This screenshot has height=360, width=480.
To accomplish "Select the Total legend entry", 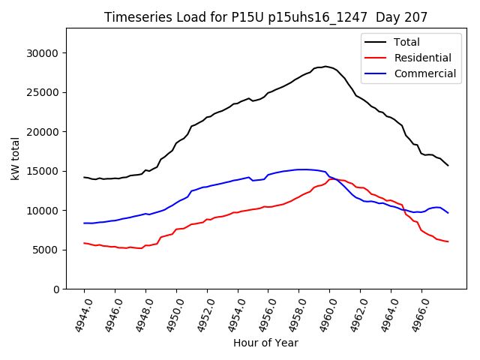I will tap(406, 42).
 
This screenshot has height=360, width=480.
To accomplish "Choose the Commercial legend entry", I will tap(424, 73).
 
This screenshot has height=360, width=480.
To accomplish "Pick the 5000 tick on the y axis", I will tap(47, 250).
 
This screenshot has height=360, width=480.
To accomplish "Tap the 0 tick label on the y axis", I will tap(56, 289).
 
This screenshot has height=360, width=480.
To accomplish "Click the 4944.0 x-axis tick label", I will tap(77, 315).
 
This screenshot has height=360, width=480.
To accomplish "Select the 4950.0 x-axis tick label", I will tap(169, 315).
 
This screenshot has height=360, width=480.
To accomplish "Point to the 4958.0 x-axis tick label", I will tap(292, 315).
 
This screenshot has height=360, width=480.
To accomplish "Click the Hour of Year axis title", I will tap(265, 343).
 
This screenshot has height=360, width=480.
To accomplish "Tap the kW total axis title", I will tap(15, 158).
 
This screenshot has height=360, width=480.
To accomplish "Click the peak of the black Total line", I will tap(325, 66).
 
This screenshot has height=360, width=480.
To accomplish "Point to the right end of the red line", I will tap(448, 241).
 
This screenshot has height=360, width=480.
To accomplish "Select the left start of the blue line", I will tap(84, 223).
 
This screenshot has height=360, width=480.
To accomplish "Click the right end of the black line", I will tap(448, 165).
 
